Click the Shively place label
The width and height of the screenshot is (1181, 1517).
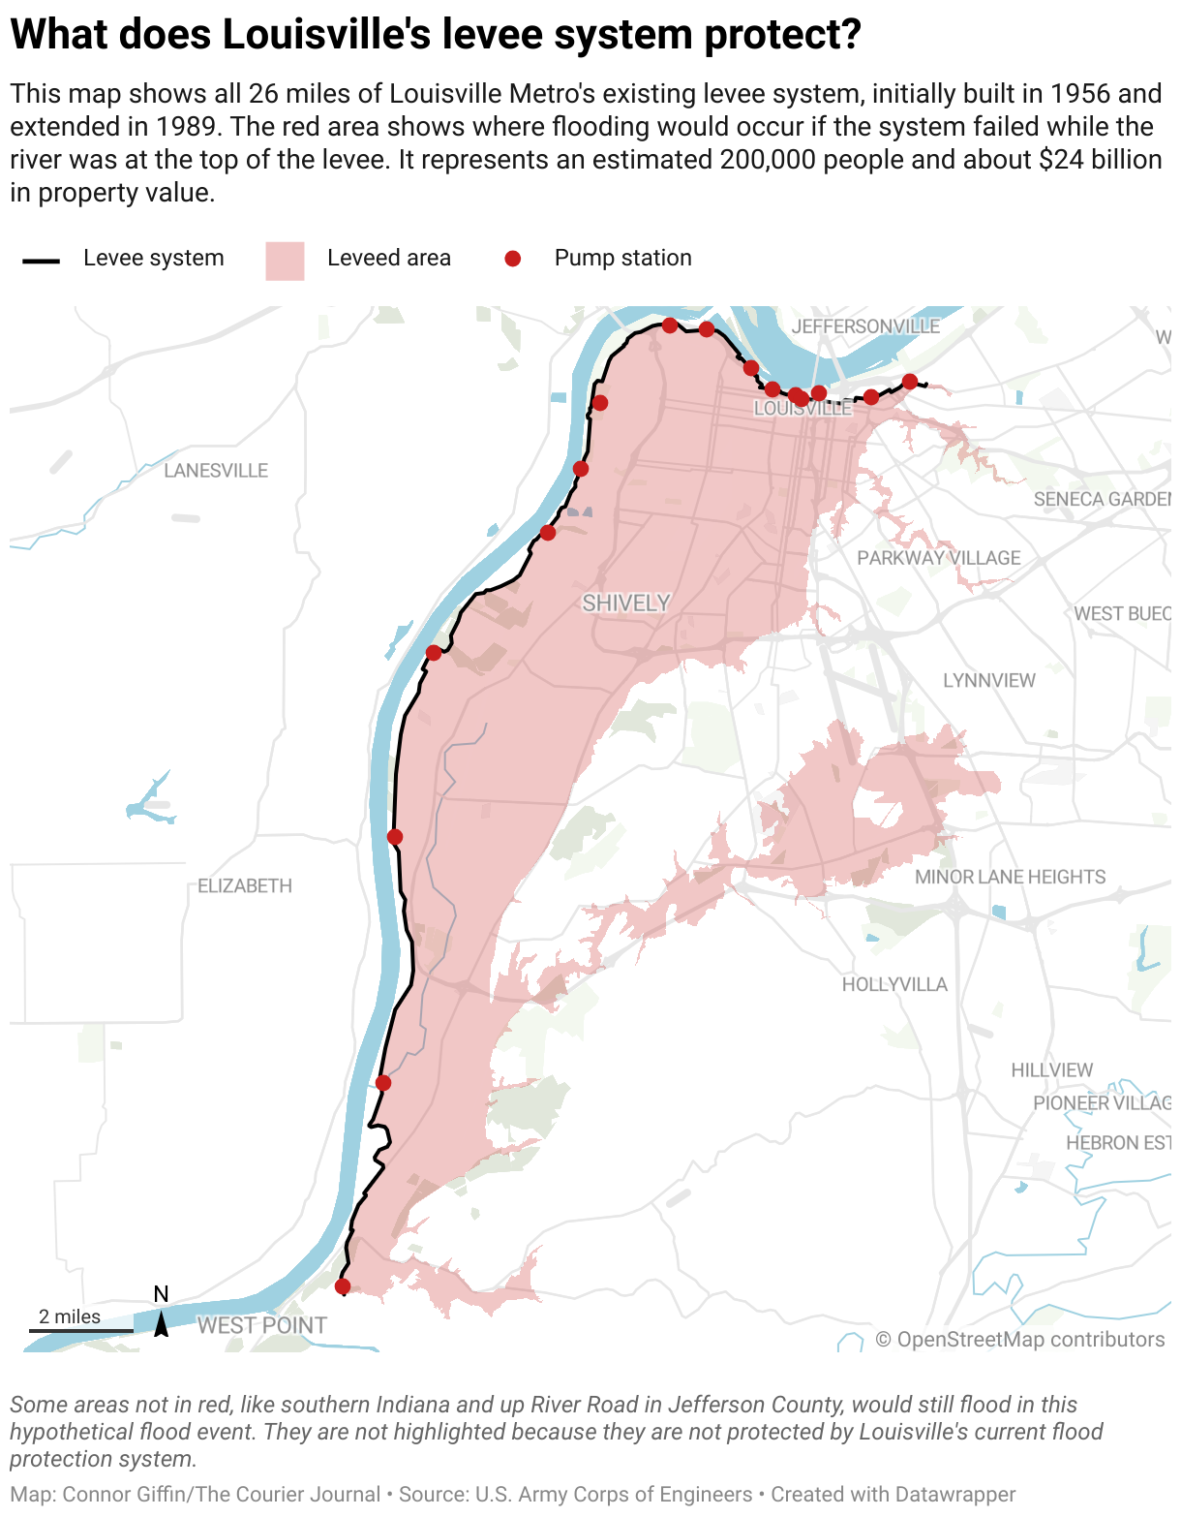[x=625, y=604]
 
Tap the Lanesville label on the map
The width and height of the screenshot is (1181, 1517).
[x=216, y=471]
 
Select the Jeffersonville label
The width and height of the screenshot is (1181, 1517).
[x=865, y=326]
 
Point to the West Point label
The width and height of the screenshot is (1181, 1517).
[x=262, y=1325]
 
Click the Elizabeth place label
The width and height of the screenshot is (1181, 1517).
[x=245, y=886]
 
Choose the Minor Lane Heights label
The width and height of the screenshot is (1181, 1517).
[x=1010, y=877]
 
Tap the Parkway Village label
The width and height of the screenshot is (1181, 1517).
[x=938, y=558]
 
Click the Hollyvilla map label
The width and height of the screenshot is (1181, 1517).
[x=894, y=984]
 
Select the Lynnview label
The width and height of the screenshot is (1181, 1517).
[x=988, y=681]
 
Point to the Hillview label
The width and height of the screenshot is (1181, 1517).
[x=1051, y=1070]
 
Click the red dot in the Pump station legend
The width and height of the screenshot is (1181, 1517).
[x=513, y=259]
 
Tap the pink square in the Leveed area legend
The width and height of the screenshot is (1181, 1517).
[x=285, y=261]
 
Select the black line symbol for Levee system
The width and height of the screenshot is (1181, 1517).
[x=42, y=261]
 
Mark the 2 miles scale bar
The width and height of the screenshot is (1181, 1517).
[x=79, y=1330]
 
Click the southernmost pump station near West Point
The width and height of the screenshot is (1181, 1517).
[x=342, y=1286]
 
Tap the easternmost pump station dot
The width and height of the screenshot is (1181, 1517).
[x=909, y=382]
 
